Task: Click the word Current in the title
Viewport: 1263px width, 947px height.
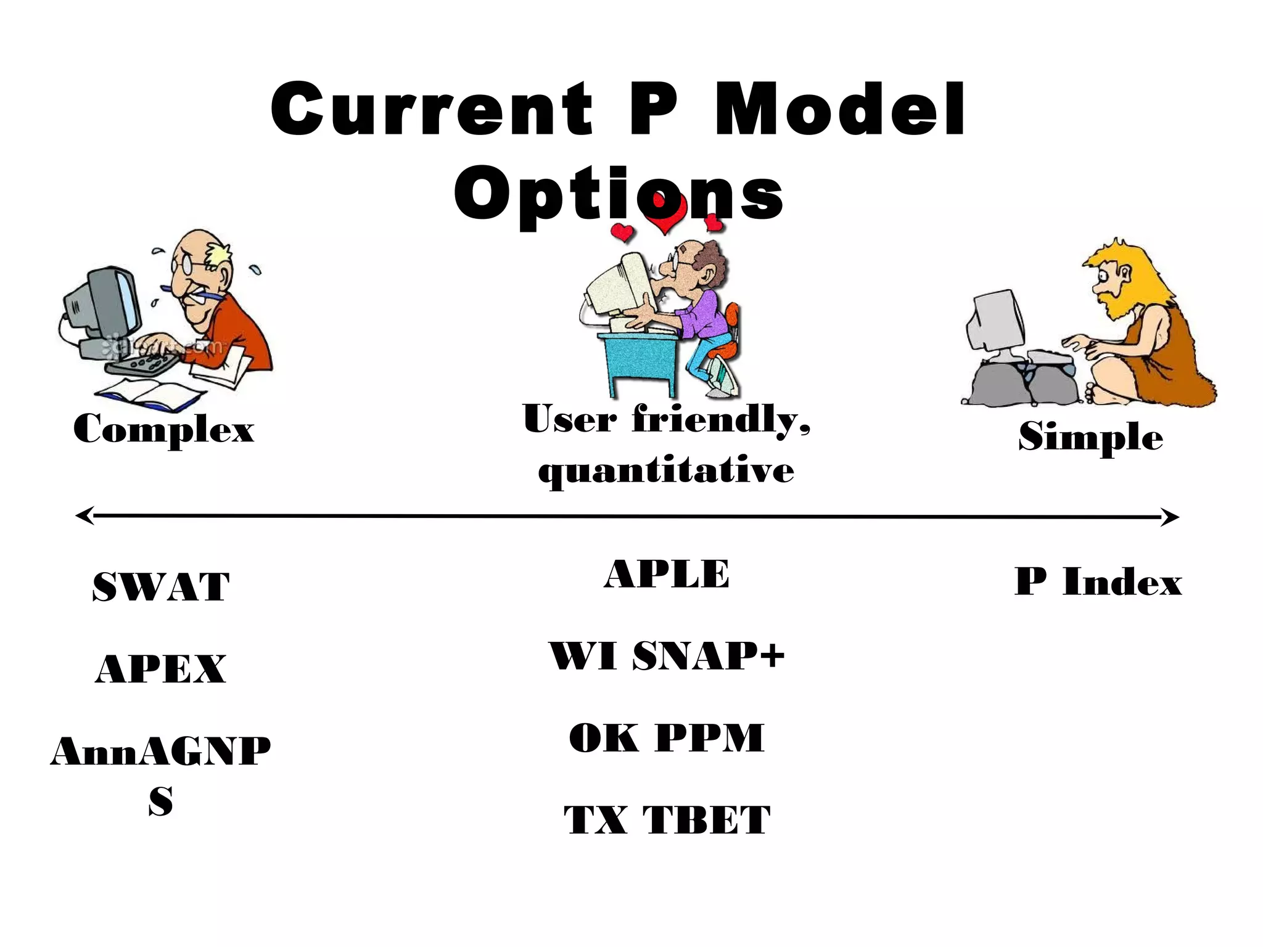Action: click(432, 110)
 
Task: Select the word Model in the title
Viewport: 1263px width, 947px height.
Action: click(840, 110)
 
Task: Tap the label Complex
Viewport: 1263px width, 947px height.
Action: click(163, 429)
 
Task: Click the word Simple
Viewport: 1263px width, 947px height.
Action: click(1090, 437)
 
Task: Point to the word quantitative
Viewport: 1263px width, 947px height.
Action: click(666, 471)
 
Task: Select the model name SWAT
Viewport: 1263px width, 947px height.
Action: click(161, 586)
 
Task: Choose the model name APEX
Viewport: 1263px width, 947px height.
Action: click(161, 669)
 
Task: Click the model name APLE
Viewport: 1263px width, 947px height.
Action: click(667, 574)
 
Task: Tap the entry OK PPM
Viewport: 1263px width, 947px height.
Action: click(667, 738)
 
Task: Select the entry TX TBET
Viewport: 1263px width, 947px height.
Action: click(667, 821)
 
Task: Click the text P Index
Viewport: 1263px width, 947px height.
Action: click(1098, 582)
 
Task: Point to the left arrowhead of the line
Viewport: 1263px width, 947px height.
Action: click(84, 515)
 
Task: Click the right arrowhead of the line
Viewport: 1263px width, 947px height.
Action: click(1170, 517)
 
